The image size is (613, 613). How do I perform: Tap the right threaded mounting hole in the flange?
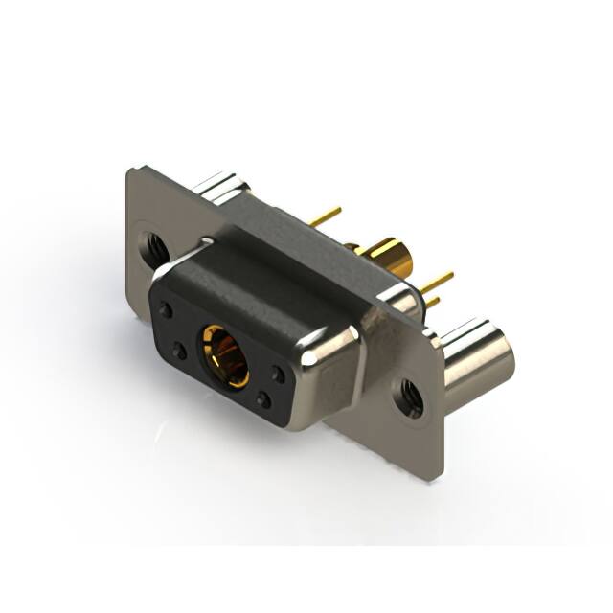pyautogui.click(x=409, y=397)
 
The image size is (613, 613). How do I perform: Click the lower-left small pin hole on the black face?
pyautogui.click(x=179, y=352)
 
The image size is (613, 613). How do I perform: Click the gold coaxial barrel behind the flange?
pyautogui.click(x=391, y=257)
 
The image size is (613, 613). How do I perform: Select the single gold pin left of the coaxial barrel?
pyautogui.click(x=326, y=217)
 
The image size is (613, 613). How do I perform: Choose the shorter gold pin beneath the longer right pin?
pyautogui.click(x=433, y=302)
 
